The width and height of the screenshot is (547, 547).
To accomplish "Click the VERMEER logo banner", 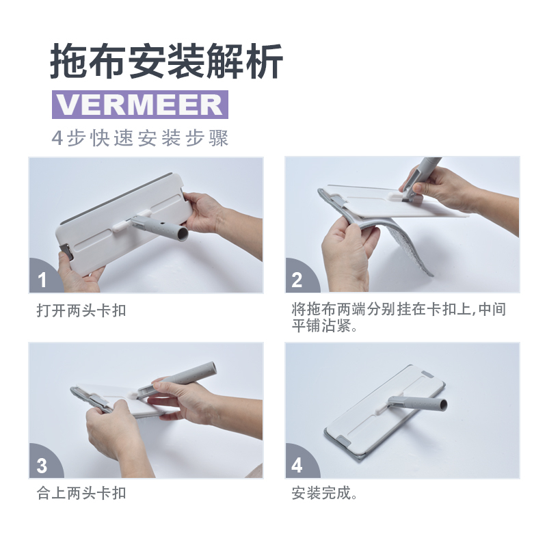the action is tap(140, 105).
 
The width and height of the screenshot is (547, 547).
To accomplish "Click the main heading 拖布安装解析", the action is tap(166, 62).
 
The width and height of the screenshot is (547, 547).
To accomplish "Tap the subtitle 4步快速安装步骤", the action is tap(140, 138).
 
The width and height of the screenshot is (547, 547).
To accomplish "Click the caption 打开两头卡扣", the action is tap(81, 310).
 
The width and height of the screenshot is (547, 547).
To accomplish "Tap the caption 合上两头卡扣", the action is tap(81, 493).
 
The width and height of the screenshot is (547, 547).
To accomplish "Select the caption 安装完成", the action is tap(324, 493).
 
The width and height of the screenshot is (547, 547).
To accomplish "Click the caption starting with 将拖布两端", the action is tap(399, 317).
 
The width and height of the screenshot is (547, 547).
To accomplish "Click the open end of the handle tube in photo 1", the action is tap(182, 234).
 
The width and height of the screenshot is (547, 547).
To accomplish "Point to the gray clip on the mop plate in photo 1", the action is tap(66, 252).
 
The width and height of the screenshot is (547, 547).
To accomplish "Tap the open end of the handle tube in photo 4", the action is tap(442, 405).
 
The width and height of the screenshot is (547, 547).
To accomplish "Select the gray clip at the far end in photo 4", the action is tap(427, 375).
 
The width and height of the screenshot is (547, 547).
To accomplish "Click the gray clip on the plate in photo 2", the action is tap(338, 200).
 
